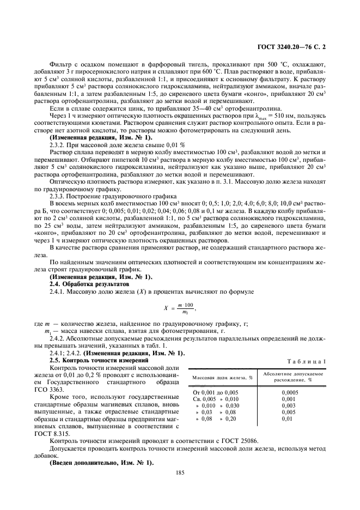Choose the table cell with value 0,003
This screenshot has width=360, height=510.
(x=289, y=405)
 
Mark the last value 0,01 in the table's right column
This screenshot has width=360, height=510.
(x=286, y=420)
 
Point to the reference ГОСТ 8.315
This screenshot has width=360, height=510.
(x=64, y=431)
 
